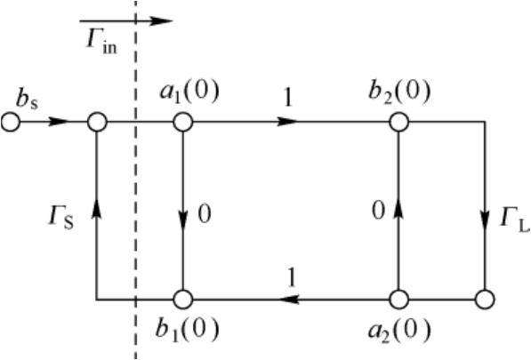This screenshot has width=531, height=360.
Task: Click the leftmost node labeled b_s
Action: click(x=11, y=122)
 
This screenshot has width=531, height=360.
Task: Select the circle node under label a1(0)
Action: click(x=183, y=122)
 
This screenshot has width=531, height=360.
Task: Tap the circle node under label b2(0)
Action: click(x=398, y=122)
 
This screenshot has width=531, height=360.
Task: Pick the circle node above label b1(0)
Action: click(x=183, y=300)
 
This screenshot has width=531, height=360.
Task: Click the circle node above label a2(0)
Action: click(x=398, y=300)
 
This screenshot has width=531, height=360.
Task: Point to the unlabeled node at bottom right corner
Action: click(x=485, y=300)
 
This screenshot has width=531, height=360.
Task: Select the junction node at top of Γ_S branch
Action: click(x=97, y=122)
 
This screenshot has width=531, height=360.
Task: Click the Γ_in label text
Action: click(x=101, y=43)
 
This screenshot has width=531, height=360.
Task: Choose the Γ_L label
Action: click(x=515, y=220)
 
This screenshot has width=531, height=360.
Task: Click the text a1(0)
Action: click(x=189, y=92)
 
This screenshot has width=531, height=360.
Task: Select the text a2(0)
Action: click(x=399, y=331)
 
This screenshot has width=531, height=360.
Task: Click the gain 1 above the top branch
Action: click(x=288, y=98)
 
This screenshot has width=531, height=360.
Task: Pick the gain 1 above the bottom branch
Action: click(x=291, y=277)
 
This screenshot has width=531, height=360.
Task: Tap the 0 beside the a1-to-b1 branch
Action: click(x=205, y=214)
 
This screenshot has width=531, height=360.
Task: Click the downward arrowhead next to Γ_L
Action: click(x=485, y=220)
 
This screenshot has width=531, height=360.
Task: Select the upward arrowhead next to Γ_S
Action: click(x=97, y=208)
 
